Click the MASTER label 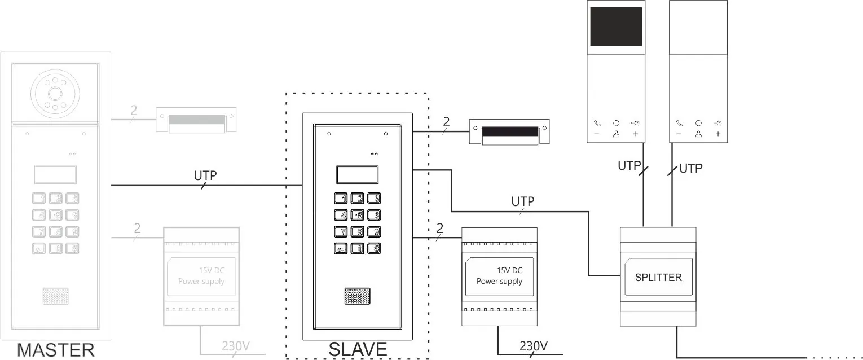coord(56,350)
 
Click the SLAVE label coord(358,350)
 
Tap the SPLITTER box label coord(658,277)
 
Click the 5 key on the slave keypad coord(358,214)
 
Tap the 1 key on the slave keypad coord(341,198)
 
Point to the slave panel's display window coord(357,175)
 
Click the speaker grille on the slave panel coord(357,296)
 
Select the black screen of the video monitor coord(615,26)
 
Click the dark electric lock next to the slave coord(509,132)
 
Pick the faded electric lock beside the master coord(196,120)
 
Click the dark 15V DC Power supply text coord(500,275)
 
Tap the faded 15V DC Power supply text coord(201,275)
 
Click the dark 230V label coord(533,346)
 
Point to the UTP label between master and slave coord(205,175)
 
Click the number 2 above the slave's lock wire coord(446,122)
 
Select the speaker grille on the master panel coord(55,296)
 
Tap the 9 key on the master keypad coord(72,232)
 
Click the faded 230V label coord(235,346)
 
